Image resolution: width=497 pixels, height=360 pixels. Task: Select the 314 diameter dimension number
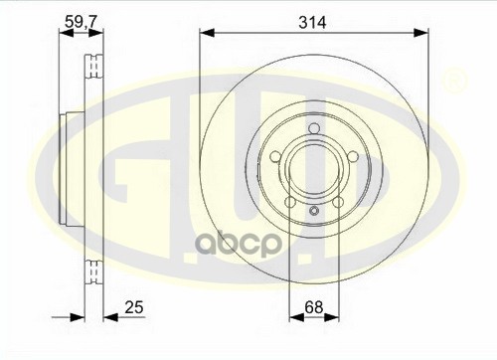pyautogui.click(x=312, y=23)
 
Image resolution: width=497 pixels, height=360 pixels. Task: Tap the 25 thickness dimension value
pyautogui.click(x=134, y=307)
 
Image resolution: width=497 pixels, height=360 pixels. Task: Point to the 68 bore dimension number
pyautogui.click(x=313, y=307)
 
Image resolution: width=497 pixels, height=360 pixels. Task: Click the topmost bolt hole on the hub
pyautogui.click(x=314, y=128)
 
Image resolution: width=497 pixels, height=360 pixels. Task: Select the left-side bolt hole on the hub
pyautogui.click(x=276, y=157)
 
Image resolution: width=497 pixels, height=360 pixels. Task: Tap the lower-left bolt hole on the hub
pyautogui.click(x=290, y=202)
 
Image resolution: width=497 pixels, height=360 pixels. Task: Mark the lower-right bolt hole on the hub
pyautogui.click(x=338, y=202)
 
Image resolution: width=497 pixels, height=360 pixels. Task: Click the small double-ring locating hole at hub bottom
pyautogui.click(x=314, y=211)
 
